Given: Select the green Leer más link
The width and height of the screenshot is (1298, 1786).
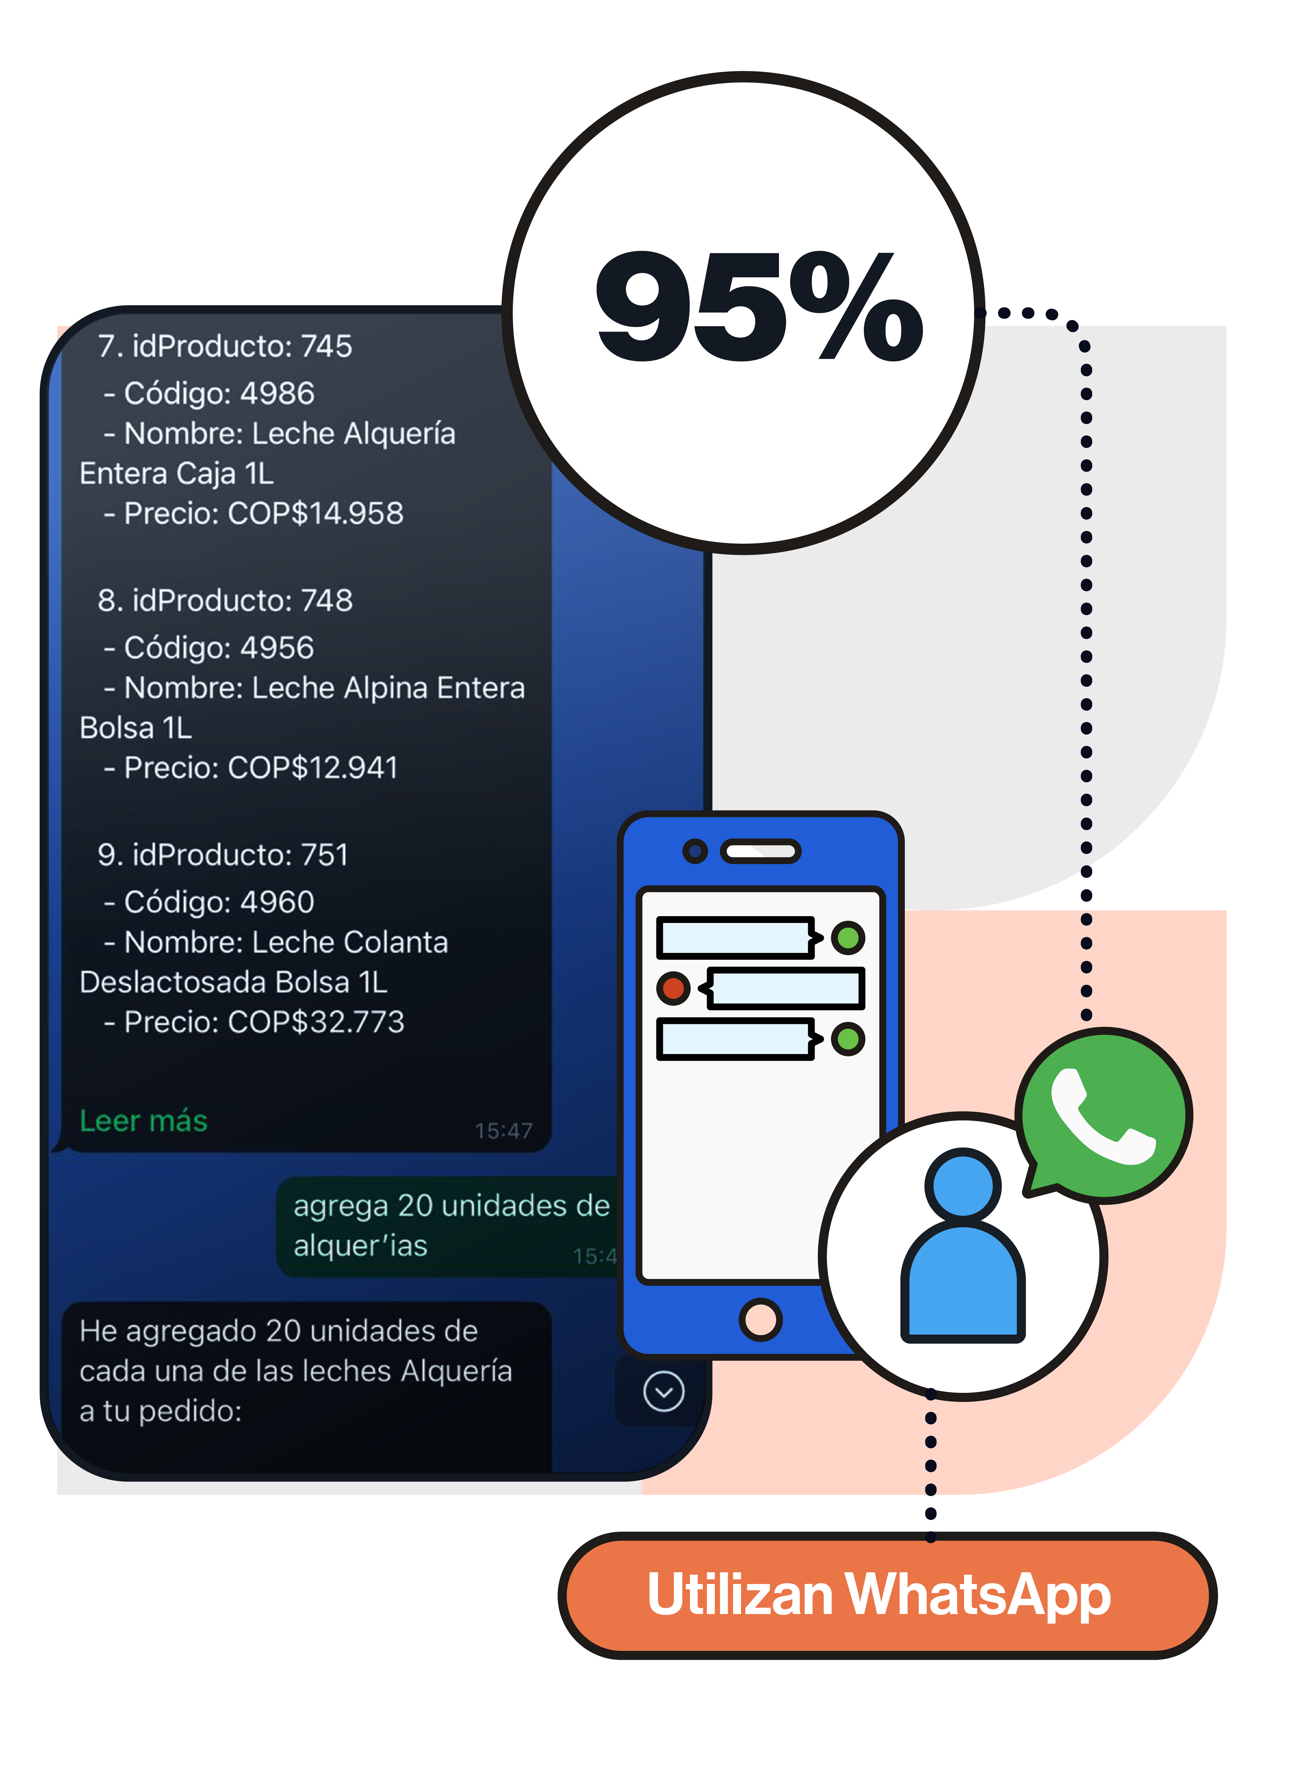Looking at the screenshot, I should (x=143, y=1121).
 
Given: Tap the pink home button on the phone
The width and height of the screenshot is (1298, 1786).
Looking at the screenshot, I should (x=760, y=1319).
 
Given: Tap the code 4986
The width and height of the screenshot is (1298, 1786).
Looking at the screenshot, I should (x=277, y=393).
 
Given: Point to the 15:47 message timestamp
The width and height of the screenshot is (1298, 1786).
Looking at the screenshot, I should (x=503, y=1131).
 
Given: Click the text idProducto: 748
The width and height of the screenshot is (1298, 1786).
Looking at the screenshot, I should (x=242, y=600).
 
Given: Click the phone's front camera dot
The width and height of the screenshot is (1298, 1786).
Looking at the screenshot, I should (x=695, y=851).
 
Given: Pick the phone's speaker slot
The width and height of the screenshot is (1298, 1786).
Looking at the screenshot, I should (x=760, y=851).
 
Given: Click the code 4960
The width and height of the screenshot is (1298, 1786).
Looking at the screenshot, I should (x=277, y=902).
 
